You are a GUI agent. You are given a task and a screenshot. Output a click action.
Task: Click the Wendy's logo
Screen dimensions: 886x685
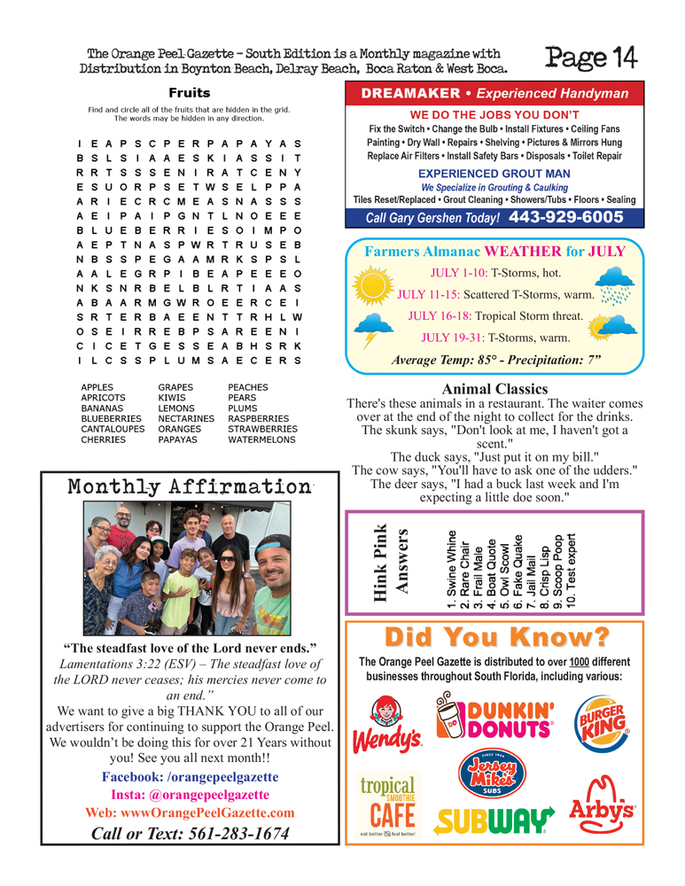[x=387, y=727]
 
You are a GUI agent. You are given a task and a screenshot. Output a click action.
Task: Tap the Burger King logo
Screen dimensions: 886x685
[x=605, y=727]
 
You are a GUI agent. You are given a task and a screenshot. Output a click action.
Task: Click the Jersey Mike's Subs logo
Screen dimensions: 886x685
[x=496, y=776]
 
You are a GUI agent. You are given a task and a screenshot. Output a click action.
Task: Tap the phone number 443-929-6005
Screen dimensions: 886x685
[x=566, y=217]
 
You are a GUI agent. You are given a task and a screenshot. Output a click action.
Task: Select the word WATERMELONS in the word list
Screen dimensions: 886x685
[x=262, y=439]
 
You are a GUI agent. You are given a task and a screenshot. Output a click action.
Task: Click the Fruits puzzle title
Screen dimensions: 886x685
[x=190, y=92]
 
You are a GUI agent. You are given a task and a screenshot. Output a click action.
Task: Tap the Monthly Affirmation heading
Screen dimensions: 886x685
[x=187, y=487]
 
